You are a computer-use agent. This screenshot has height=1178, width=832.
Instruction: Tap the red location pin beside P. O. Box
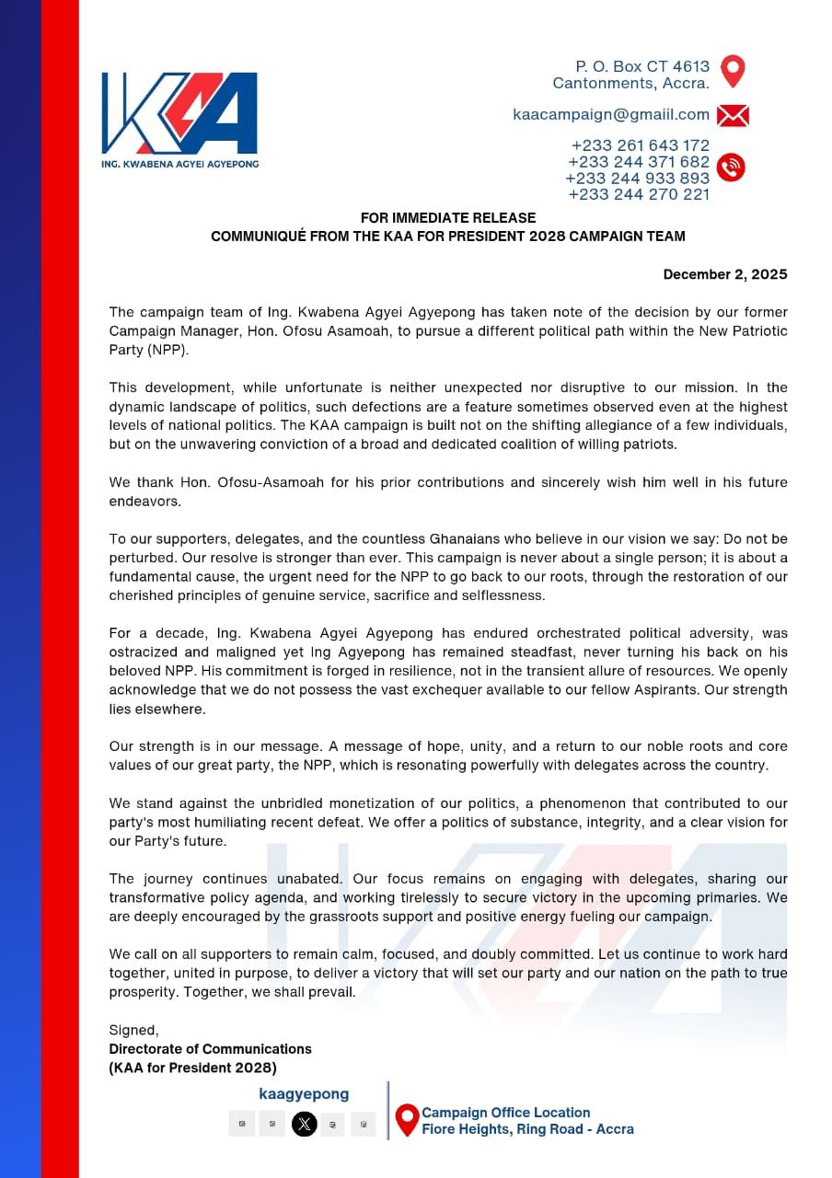[x=732, y=71]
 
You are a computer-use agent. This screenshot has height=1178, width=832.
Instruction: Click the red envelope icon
[x=732, y=116]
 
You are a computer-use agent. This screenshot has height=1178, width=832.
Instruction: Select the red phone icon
[x=731, y=167]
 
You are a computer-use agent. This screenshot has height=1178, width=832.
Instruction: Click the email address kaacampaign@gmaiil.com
[x=611, y=115]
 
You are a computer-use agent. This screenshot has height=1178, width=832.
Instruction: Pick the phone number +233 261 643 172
[x=640, y=145]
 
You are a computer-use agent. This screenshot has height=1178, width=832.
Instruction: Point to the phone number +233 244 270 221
[x=639, y=194]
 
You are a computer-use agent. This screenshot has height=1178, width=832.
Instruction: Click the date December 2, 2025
[x=725, y=274]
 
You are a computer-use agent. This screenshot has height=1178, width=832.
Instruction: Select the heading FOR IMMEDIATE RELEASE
[x=447, y=218]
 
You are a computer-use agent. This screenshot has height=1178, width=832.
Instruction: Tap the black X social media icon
[x=304, y=1124]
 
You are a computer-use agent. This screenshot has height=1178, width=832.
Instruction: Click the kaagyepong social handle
[x=304, y=1094]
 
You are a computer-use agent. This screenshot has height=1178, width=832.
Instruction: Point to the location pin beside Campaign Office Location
[x=407, y=1120]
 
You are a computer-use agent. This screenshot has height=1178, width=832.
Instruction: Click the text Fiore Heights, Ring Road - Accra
[x=527, y=1129]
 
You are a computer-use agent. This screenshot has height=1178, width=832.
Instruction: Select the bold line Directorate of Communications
[x=210, y=1049]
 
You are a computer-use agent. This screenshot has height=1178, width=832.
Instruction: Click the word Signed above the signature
[x=133, y=1031]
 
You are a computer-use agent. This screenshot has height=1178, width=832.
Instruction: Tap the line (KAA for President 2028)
[x=192, y=1068]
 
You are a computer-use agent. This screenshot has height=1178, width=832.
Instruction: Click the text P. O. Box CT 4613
[x=642, y=66]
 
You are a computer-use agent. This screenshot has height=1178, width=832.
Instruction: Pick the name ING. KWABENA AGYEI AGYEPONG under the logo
[x=179, y=164]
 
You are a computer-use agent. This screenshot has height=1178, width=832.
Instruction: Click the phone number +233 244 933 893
[x=637, y=178]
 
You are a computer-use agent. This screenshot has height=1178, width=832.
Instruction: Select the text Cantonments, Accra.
[x=630, y=84]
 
